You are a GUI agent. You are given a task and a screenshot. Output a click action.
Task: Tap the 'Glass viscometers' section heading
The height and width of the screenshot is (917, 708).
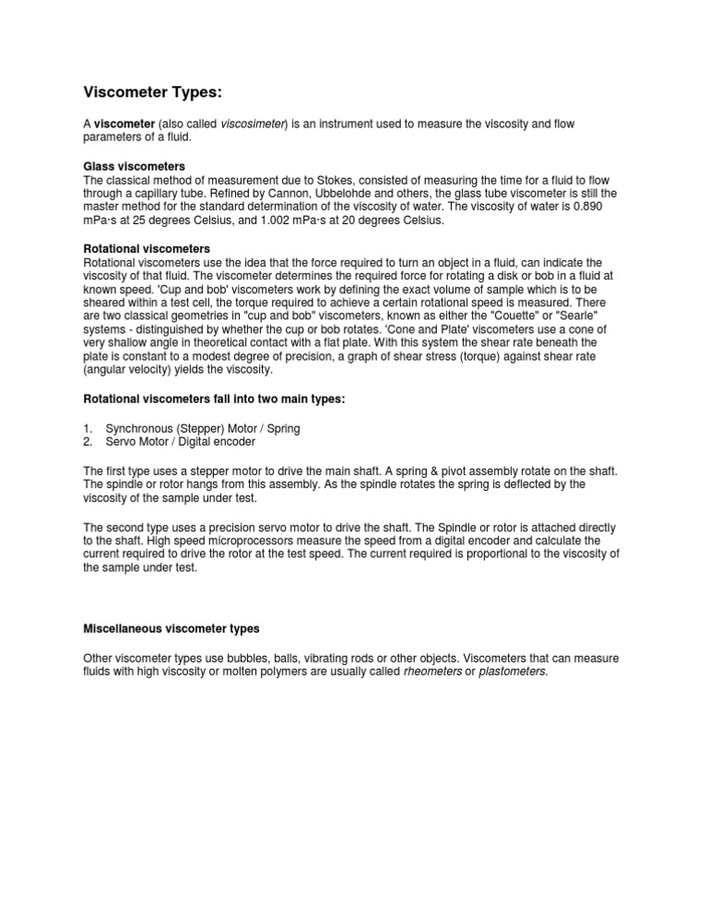click(x=134, y=165)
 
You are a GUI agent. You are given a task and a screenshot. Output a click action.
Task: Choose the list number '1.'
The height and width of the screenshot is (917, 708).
click(x=88, y=428)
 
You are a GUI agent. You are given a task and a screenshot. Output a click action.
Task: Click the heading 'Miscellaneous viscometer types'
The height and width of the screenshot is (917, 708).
click(x=171, y=628)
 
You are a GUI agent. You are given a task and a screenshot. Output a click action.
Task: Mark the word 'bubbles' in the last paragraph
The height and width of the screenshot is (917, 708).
click(x=258, y=658)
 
